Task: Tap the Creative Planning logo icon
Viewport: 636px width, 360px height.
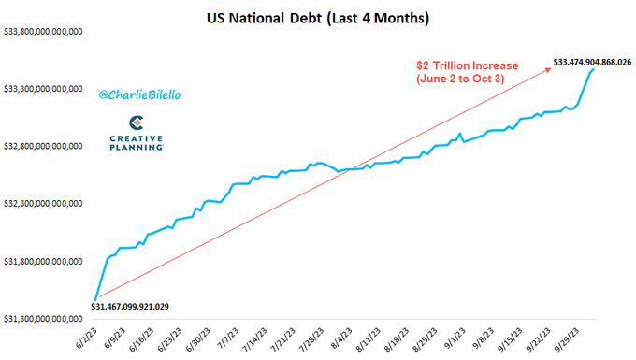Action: point(136,122)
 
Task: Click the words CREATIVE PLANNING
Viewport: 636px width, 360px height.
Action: point(136,143)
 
